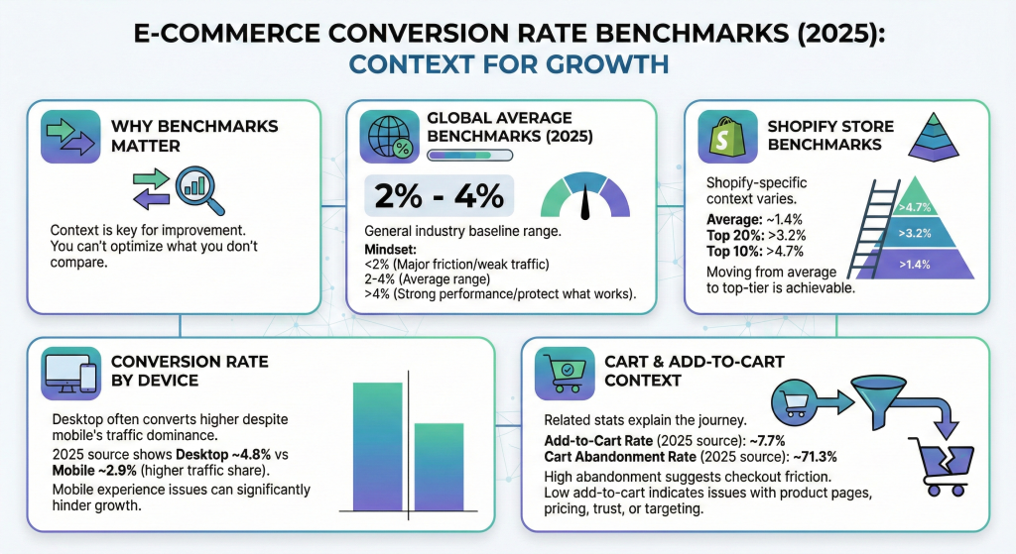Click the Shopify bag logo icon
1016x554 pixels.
click(726, 137)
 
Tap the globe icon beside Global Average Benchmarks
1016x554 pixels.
click(390, 137)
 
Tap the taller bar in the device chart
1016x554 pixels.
click(378, 446)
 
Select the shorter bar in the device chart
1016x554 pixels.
click(439, 467)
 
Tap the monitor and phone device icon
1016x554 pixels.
click(68, 373)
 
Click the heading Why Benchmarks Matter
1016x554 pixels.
click(193, 136)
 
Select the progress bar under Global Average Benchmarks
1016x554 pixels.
click(468, 155)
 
